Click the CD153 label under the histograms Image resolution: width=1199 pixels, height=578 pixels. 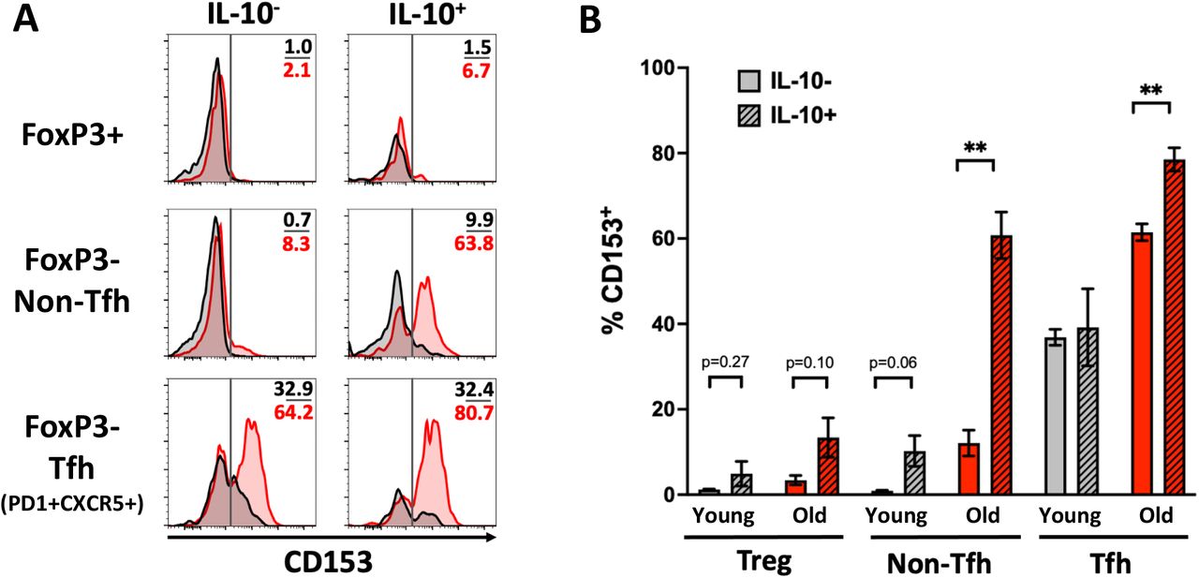pyautogui.click(x=327, y=559)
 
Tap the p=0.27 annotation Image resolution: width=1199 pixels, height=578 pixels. pyautogui.click(x=724, y=361)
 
